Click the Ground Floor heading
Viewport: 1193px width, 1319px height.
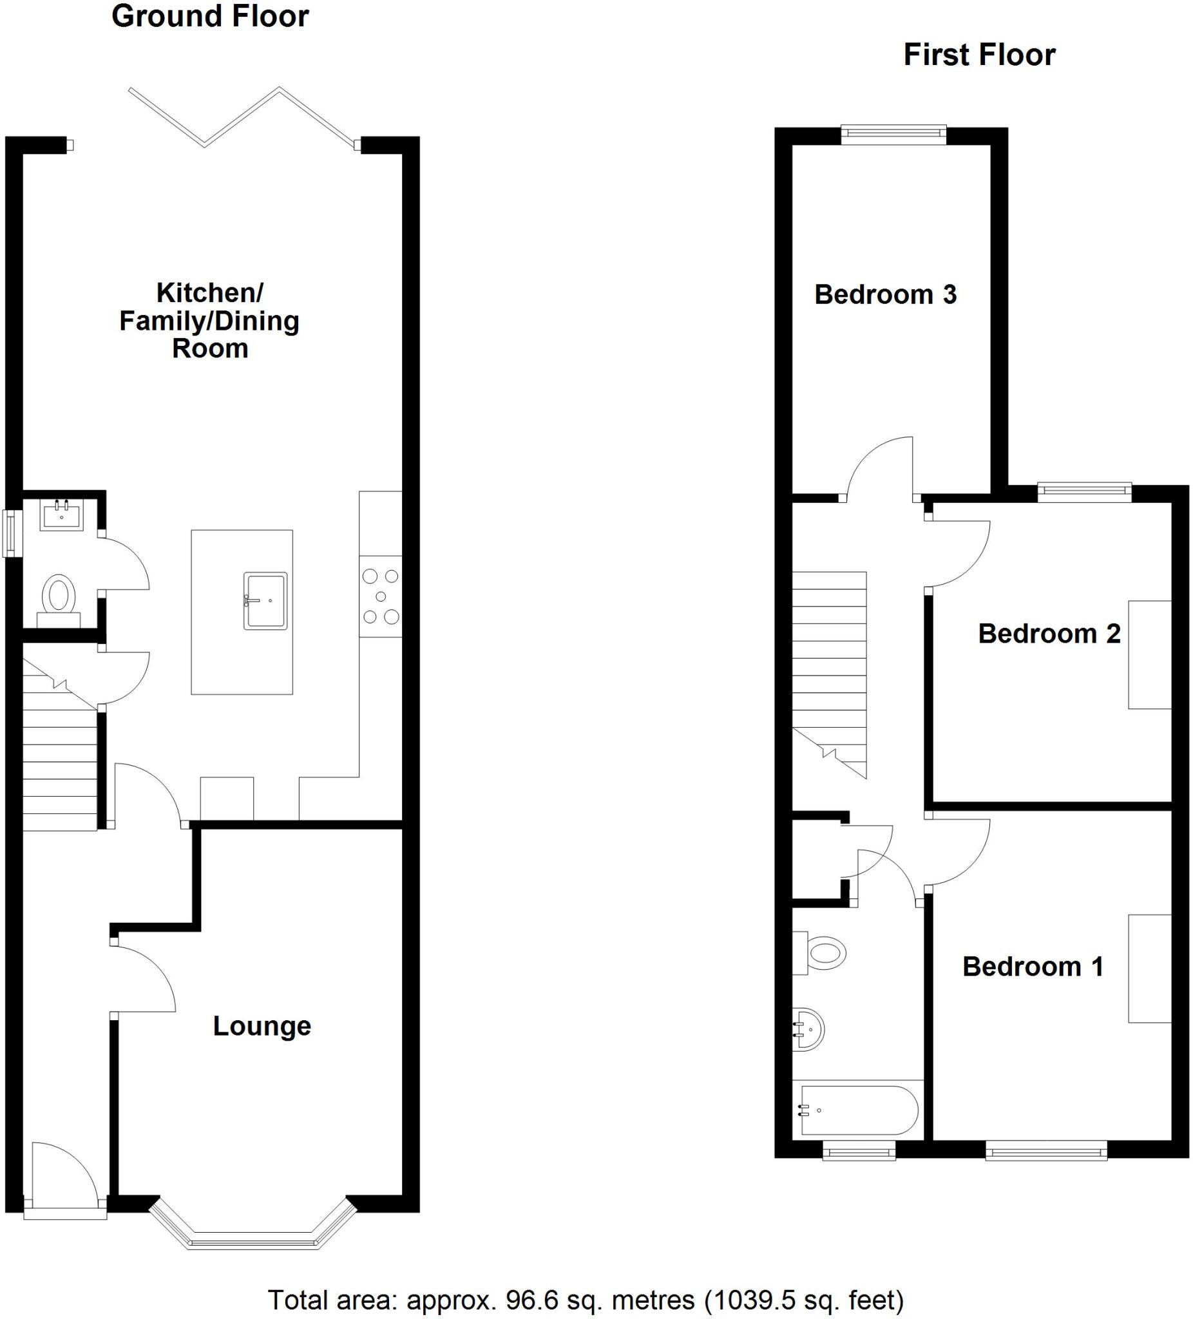pyautogui.click(x=210, y=16)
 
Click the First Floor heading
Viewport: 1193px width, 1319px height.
pyautogui.click(x=979, y=55)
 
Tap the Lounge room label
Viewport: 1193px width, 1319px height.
pyautogui.click(x=262, y=1026)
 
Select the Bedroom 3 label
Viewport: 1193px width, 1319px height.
pyautogui.click(x=885, y=294)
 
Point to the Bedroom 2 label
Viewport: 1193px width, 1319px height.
pyautogui.click(x=1048, y=633)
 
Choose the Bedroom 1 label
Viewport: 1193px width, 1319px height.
pyautogui.click(x=1033, y=966)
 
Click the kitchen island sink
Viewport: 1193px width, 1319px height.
pyautogui.click(x=265, y=601)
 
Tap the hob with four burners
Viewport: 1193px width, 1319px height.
pyautogui.click(x=380, y=596)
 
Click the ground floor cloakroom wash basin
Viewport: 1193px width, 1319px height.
pyautogui.click(x=61, y=514)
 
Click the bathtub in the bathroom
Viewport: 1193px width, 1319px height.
pyautogui.click(x=857, y=1110)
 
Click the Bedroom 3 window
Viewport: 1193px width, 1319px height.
pyautogui.click(x=893, y=134)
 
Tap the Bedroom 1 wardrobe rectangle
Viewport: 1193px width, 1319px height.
pyautogui.click(x=1149, y=968)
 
